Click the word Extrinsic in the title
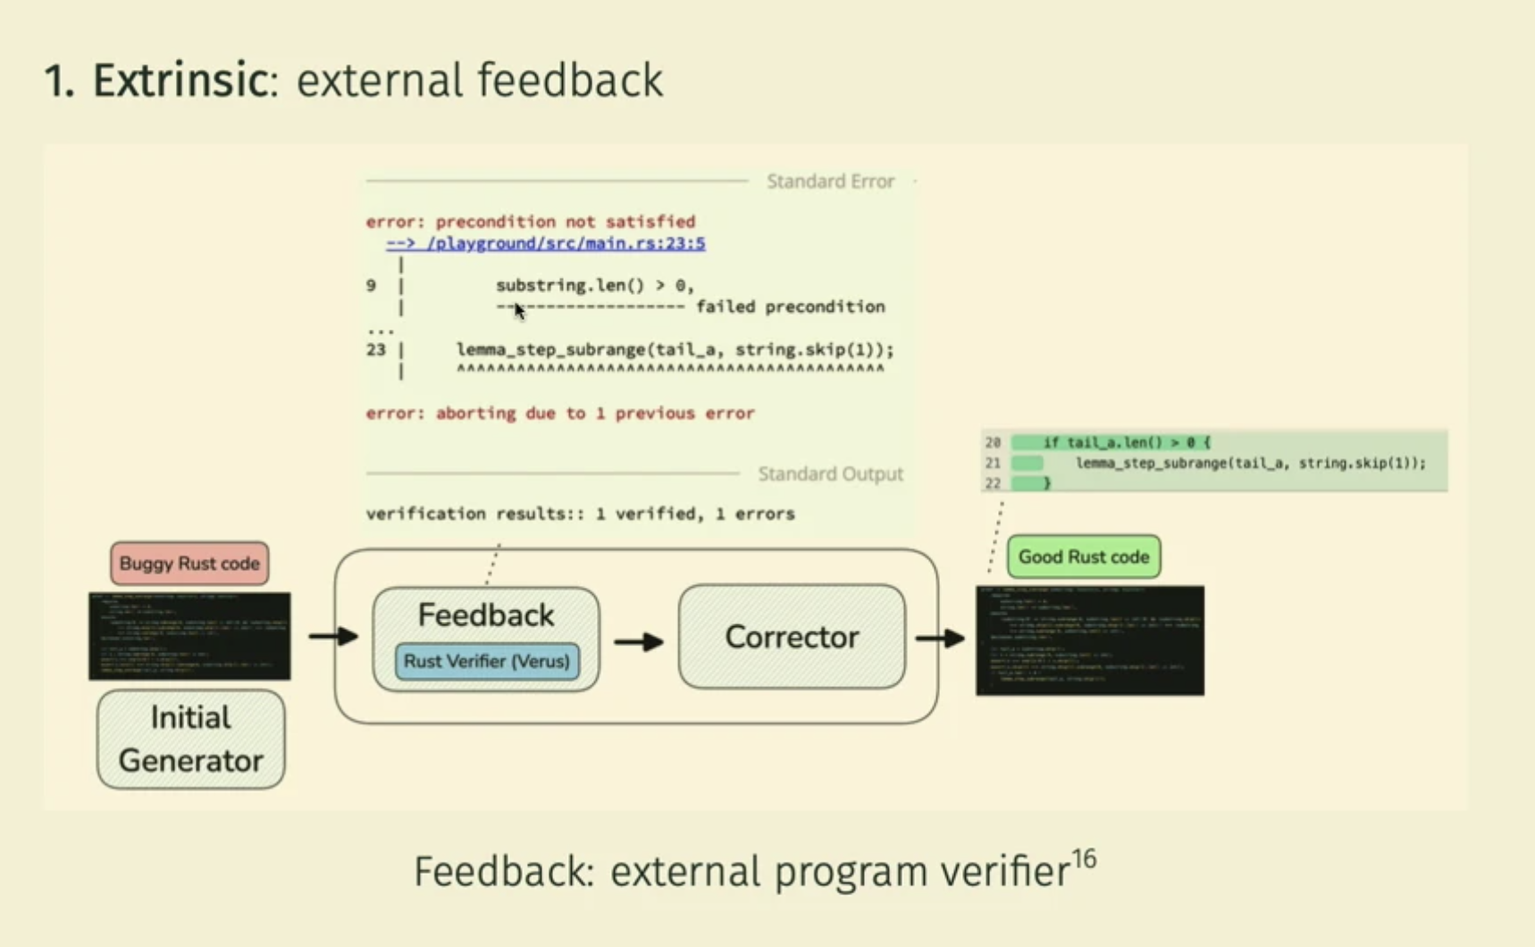pyautogui.click(x=180, y=80)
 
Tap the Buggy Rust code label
pyautogui.click(x=189, y=564)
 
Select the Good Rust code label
pyautogui.click(x=1083, y=557)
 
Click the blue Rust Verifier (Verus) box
pyautogui.click(x=487, y=662)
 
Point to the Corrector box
pyautogui.click(x=792, y=637)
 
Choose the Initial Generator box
pyautogui.click(x=190, y=739)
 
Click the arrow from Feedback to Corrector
pyautogui.click(x=639, y=641)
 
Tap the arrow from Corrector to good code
pyautogui.click(x=940, y=638)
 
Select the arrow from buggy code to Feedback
pyautogui.click(x=333, y=636)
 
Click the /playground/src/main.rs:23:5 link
pyautogui.click(x=546, y=243)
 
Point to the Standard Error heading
pyautogui.click(x=830, y=181)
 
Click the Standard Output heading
pyautogui.click(x=830, y=473)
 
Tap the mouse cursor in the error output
pyautogui.click(x=519, y=310)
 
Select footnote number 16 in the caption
pyautogui.click(x=1084, y=859)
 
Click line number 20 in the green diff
pyautogui.click(x=993, y=442)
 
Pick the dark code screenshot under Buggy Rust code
pyautogui.click(x=189, y=636)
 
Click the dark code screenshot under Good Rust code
pyautogui.click(x=1089, y=641)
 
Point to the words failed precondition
pyautogui.click(x=790, y=306)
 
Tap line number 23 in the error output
pyautogui.click(x=375, y=349)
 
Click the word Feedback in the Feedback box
pyautogui.click(x=486, y=616)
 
